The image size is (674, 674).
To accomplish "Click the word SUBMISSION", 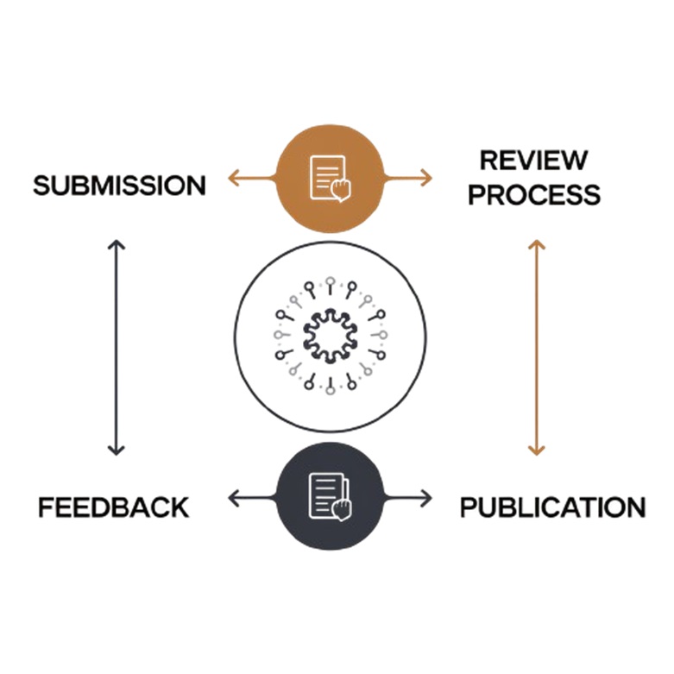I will click(120, 185).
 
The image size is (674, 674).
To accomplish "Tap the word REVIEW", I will click(533, 161).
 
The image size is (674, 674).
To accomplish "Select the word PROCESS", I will click(533, 195).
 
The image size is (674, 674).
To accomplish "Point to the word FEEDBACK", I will click(113, 507).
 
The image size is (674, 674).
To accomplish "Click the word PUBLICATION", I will click(552, 507).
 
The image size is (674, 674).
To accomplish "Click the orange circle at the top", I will click(329, 178).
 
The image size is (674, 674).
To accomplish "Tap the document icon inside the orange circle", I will click(329, 178).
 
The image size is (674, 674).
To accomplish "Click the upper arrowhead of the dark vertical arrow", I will click(117, 246).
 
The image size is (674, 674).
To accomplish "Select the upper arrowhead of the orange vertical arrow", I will click(537, 246).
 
